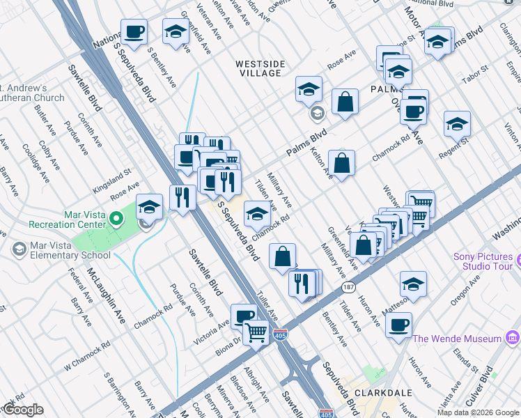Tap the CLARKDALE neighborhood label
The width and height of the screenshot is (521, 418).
375,393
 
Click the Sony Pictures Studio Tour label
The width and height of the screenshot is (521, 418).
483,261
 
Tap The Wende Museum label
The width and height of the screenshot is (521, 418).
457,339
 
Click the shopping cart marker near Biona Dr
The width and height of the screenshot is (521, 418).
256,333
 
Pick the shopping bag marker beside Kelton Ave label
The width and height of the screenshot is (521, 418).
341,164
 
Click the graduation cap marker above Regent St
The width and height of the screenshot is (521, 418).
457,124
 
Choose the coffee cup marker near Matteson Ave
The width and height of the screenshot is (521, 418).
398,325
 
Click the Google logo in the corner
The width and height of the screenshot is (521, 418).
23,410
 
